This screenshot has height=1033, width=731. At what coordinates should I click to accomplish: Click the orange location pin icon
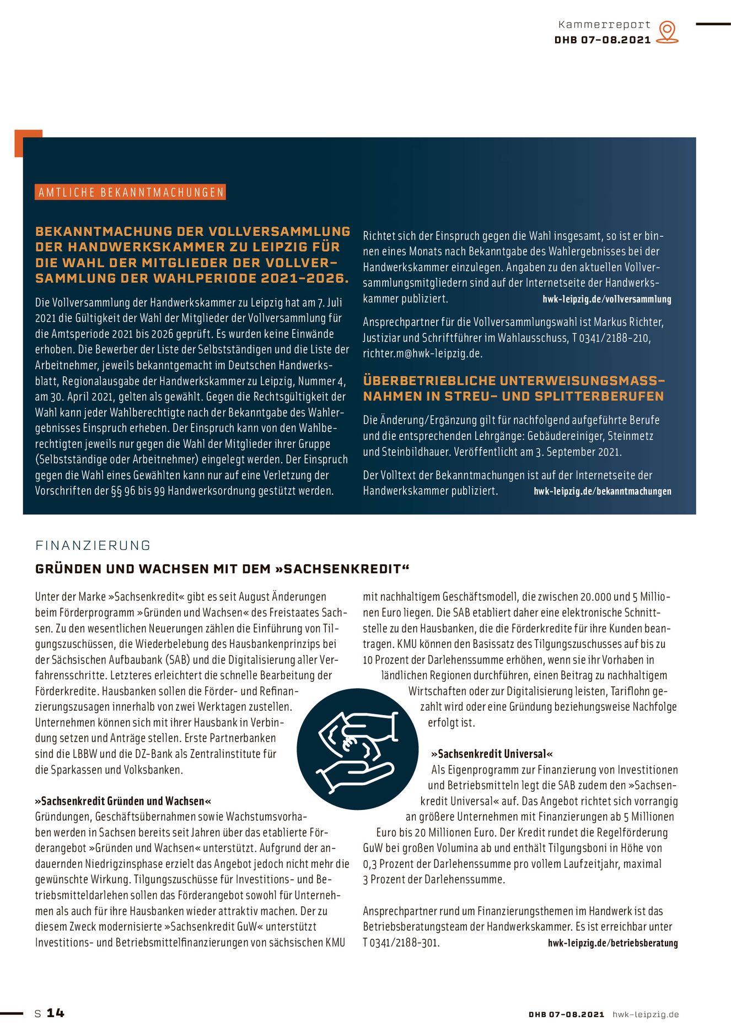click(x=667, y=31)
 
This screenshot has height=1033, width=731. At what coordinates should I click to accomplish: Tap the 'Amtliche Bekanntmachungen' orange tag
click(x=131, y=192)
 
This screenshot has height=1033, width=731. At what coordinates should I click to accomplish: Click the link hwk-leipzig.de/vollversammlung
click(x=606, y=300)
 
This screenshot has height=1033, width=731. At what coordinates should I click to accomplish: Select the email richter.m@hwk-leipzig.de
click(x=422, y=354)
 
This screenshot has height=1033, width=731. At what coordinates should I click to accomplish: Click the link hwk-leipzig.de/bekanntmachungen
click(x=602, y=491)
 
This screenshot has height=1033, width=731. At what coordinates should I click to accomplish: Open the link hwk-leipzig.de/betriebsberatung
click(x=612, y=943)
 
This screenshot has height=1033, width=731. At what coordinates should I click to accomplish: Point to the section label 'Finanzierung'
click(x=93, y=545)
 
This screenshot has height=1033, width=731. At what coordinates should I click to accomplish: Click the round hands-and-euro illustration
click(x=358, y=749)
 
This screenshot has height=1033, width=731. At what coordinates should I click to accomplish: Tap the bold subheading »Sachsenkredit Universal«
click(x=492, y=754)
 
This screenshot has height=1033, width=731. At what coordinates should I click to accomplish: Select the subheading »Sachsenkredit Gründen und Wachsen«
click(x=123, y=801)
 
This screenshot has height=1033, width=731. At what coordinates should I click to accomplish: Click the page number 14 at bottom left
click(x=55, y=1013)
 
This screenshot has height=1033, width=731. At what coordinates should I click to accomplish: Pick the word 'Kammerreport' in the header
click(x=604, y=25)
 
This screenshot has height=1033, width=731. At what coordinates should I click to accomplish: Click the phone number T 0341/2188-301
click(x=401, y=943)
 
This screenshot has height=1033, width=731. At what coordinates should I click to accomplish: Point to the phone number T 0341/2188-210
click(x=611, y=338)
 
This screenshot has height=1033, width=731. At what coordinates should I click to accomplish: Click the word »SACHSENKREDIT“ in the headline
click(x=342, y=569)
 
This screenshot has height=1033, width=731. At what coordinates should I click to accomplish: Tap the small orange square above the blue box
click(x=28, y=143)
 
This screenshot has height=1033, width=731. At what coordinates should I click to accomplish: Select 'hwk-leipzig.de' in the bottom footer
click(x=646, y=1014)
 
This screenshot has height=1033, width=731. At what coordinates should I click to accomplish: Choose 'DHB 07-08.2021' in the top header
click(x=602, y=40)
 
